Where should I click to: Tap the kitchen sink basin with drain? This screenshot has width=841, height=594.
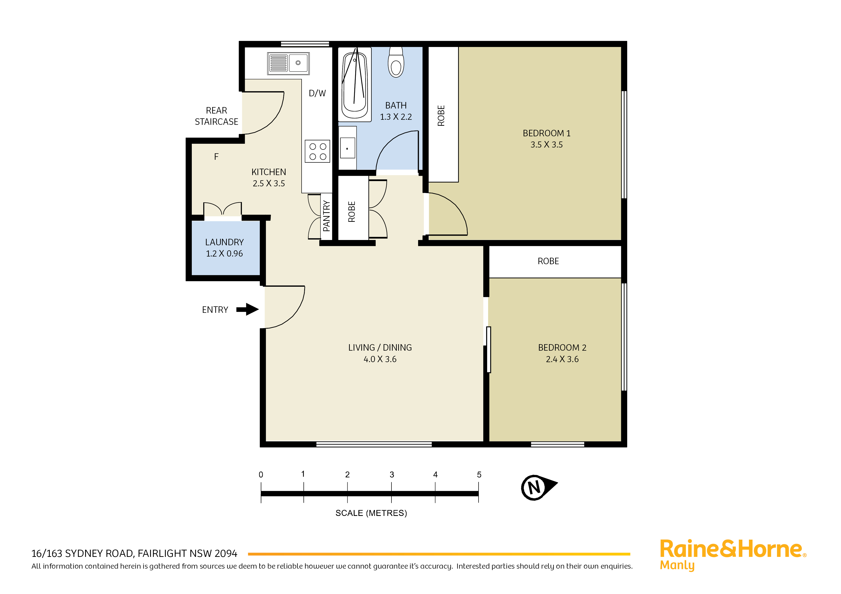coord(298,63)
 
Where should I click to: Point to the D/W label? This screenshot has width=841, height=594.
coord(317,93)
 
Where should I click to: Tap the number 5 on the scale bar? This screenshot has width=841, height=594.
coord(479,475)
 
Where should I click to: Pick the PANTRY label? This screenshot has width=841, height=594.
coord(326,216)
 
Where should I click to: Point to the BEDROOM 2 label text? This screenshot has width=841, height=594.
coord(562,348)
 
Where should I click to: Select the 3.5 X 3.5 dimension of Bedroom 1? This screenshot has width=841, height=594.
coord(547,145)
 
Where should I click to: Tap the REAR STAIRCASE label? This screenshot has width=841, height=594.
coord(216,116)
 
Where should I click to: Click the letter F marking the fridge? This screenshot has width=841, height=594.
coord(216,157)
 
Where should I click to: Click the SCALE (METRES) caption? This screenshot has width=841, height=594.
coord(371,513)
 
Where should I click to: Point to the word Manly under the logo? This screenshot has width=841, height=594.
coord(677,565)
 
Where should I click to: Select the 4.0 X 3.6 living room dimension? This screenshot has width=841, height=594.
coord(380,360)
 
